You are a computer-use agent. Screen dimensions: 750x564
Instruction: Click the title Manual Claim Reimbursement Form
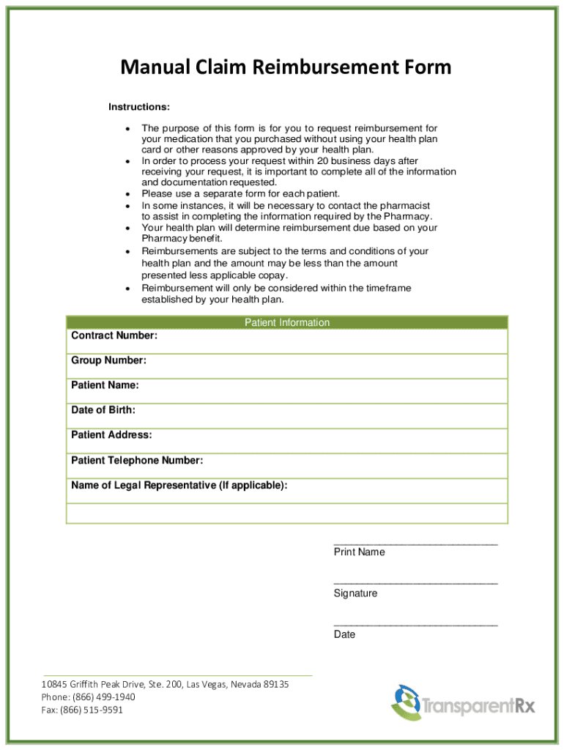point(286,68)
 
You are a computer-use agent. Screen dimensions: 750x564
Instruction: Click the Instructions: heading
point(139,108)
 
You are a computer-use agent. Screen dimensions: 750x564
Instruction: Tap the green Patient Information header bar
point(287,322)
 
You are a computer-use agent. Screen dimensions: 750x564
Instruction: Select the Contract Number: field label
point(114,335)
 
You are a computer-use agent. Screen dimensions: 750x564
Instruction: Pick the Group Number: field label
point(108,360)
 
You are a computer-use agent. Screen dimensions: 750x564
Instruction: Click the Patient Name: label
point(105,385)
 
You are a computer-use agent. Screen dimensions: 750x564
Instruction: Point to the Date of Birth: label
point(103,410)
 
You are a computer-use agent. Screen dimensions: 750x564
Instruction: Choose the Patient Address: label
point(111,435)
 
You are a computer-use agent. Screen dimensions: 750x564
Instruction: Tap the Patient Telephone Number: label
point(137,461)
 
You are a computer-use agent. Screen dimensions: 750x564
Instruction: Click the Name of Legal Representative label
point(179,486)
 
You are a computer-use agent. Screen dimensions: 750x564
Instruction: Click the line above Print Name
point(415,543)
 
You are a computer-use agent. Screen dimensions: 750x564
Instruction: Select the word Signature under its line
point(355,593)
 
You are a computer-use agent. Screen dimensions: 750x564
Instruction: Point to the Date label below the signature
point(344,634)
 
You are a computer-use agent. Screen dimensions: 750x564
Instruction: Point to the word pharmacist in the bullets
point(406,206)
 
